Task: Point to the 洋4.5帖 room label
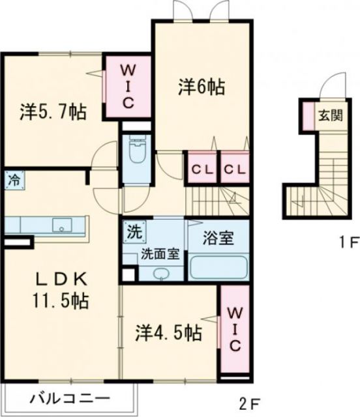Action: [169, 333]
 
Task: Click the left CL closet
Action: [202, 169]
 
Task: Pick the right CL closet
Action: [234, 169]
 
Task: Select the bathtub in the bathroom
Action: [217, 267]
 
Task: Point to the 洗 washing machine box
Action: [132, 231]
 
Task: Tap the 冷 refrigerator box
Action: [13, 180]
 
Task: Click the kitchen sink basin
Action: [63, 226]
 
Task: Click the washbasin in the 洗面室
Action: [160, 273]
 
